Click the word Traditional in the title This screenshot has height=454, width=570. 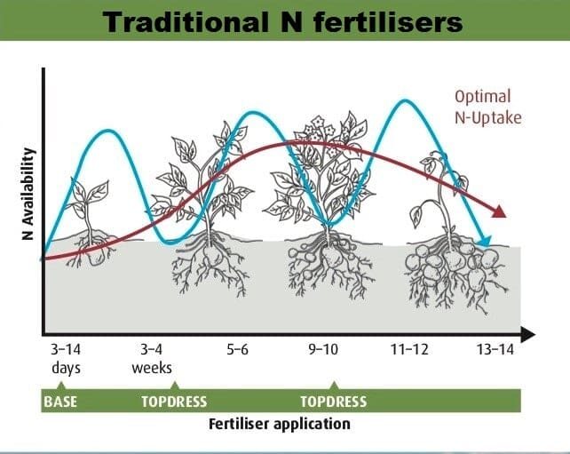tap(184, 22)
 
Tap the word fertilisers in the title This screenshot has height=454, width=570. tap(387, 22)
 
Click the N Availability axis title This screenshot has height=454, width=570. tap(28, 194)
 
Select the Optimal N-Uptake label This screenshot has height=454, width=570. tap(488, 107)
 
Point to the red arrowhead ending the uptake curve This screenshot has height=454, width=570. tap(499, 211)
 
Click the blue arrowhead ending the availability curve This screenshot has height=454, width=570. tap(486, 241)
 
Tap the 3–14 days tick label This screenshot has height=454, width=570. tap(66, 359)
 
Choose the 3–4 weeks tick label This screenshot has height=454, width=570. tap(152, 359)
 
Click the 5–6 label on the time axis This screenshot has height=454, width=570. tap(237, 350)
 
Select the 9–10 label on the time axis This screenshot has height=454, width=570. tap(323, 350)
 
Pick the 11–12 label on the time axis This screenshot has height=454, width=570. tap(409, 350)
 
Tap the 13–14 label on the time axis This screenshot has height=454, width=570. tap(495, 350)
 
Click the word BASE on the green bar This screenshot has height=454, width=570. tap(60, 402)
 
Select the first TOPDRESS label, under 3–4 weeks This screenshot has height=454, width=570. tap(174, 402)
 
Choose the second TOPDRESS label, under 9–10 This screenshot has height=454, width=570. tap(333, 402)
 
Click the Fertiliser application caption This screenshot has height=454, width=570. tap(280, 424)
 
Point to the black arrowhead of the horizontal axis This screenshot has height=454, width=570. tap(527, 334)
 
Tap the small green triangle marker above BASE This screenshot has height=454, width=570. tap(61, 386)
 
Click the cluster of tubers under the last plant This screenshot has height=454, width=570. tap(451, 266)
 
